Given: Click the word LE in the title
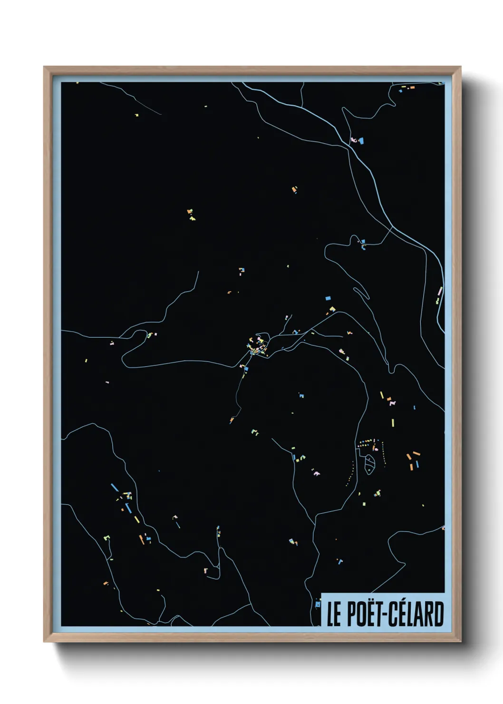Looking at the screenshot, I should click(x=334, y=614).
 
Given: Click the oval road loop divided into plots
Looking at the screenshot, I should click(x=369, y=463).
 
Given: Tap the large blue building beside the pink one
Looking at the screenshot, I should click(x=360, y=140).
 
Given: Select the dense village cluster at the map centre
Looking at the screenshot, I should click(x=257, y=346).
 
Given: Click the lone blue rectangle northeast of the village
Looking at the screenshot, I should click(x=328, y=298).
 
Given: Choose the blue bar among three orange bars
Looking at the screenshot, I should click(x=417, y=463).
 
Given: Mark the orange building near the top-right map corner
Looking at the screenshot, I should click(x=412, y=88).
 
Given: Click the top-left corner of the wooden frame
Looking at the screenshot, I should click(x=45, y=68).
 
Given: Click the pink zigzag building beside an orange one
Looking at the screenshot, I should click(x=392, y=403).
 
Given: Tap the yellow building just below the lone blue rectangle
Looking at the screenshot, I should click(x=332, y=309).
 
